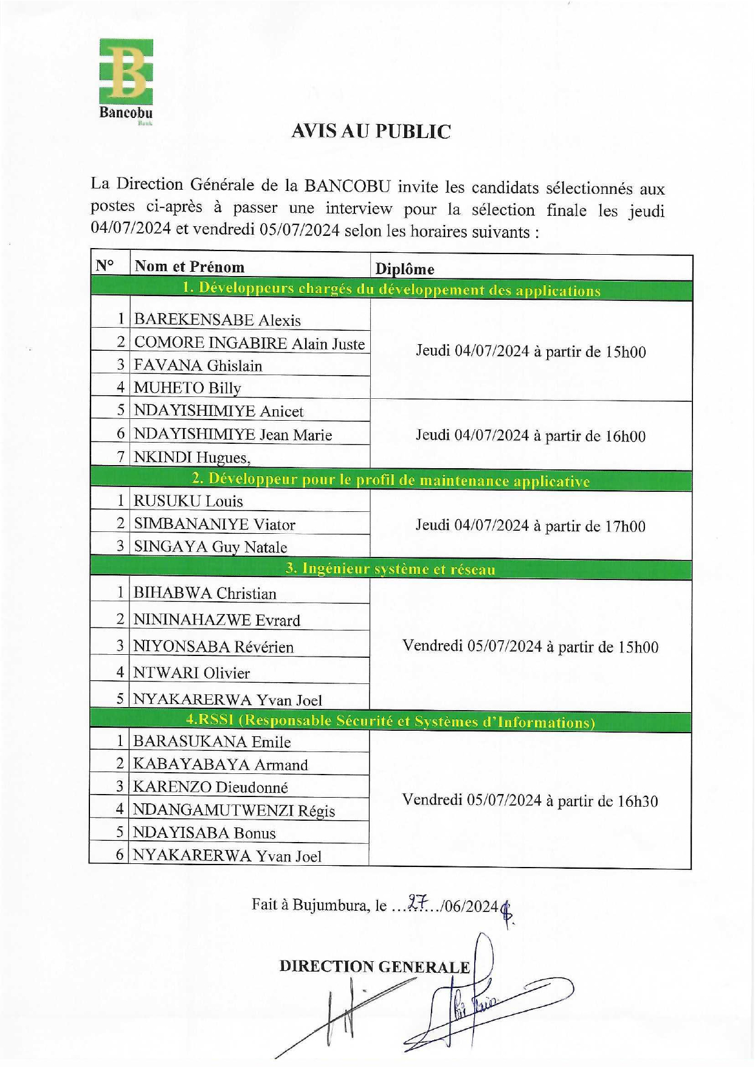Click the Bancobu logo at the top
(x=126, y=80)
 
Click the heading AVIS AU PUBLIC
(x=371, y=131)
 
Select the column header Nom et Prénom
(x=189, y=267)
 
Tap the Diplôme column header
(x=404, y=269)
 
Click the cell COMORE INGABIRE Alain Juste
(x=249, y=343)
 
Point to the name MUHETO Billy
(x=187, y=388)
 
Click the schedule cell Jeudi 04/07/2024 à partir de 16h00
(x=530, y=435)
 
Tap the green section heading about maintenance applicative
(x=391, y=480)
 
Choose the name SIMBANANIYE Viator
(x=214, y=524)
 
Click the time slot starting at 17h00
(x=530, y=525)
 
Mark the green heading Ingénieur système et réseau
(x=391, y=569)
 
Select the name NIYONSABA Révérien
(x=213, y=647)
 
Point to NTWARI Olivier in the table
(x=191, y=673)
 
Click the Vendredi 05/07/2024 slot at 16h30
(x=530, y=801)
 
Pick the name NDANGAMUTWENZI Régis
(x=233, y=810)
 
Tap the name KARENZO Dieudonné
(x=210, y=787)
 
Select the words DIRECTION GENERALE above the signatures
(x=374, y=967)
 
